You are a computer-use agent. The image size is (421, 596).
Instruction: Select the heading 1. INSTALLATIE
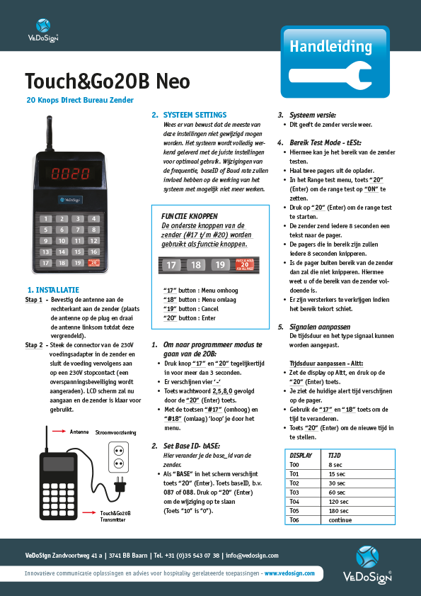53,290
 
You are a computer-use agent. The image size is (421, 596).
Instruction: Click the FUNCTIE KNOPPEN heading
189,215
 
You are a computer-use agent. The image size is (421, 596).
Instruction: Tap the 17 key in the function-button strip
171,265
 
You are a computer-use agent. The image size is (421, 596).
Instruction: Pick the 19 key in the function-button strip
219,265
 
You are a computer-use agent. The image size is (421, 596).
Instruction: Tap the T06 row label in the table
295,519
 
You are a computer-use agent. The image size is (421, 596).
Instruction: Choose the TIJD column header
329,454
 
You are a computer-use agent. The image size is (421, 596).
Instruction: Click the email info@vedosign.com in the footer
252,556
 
